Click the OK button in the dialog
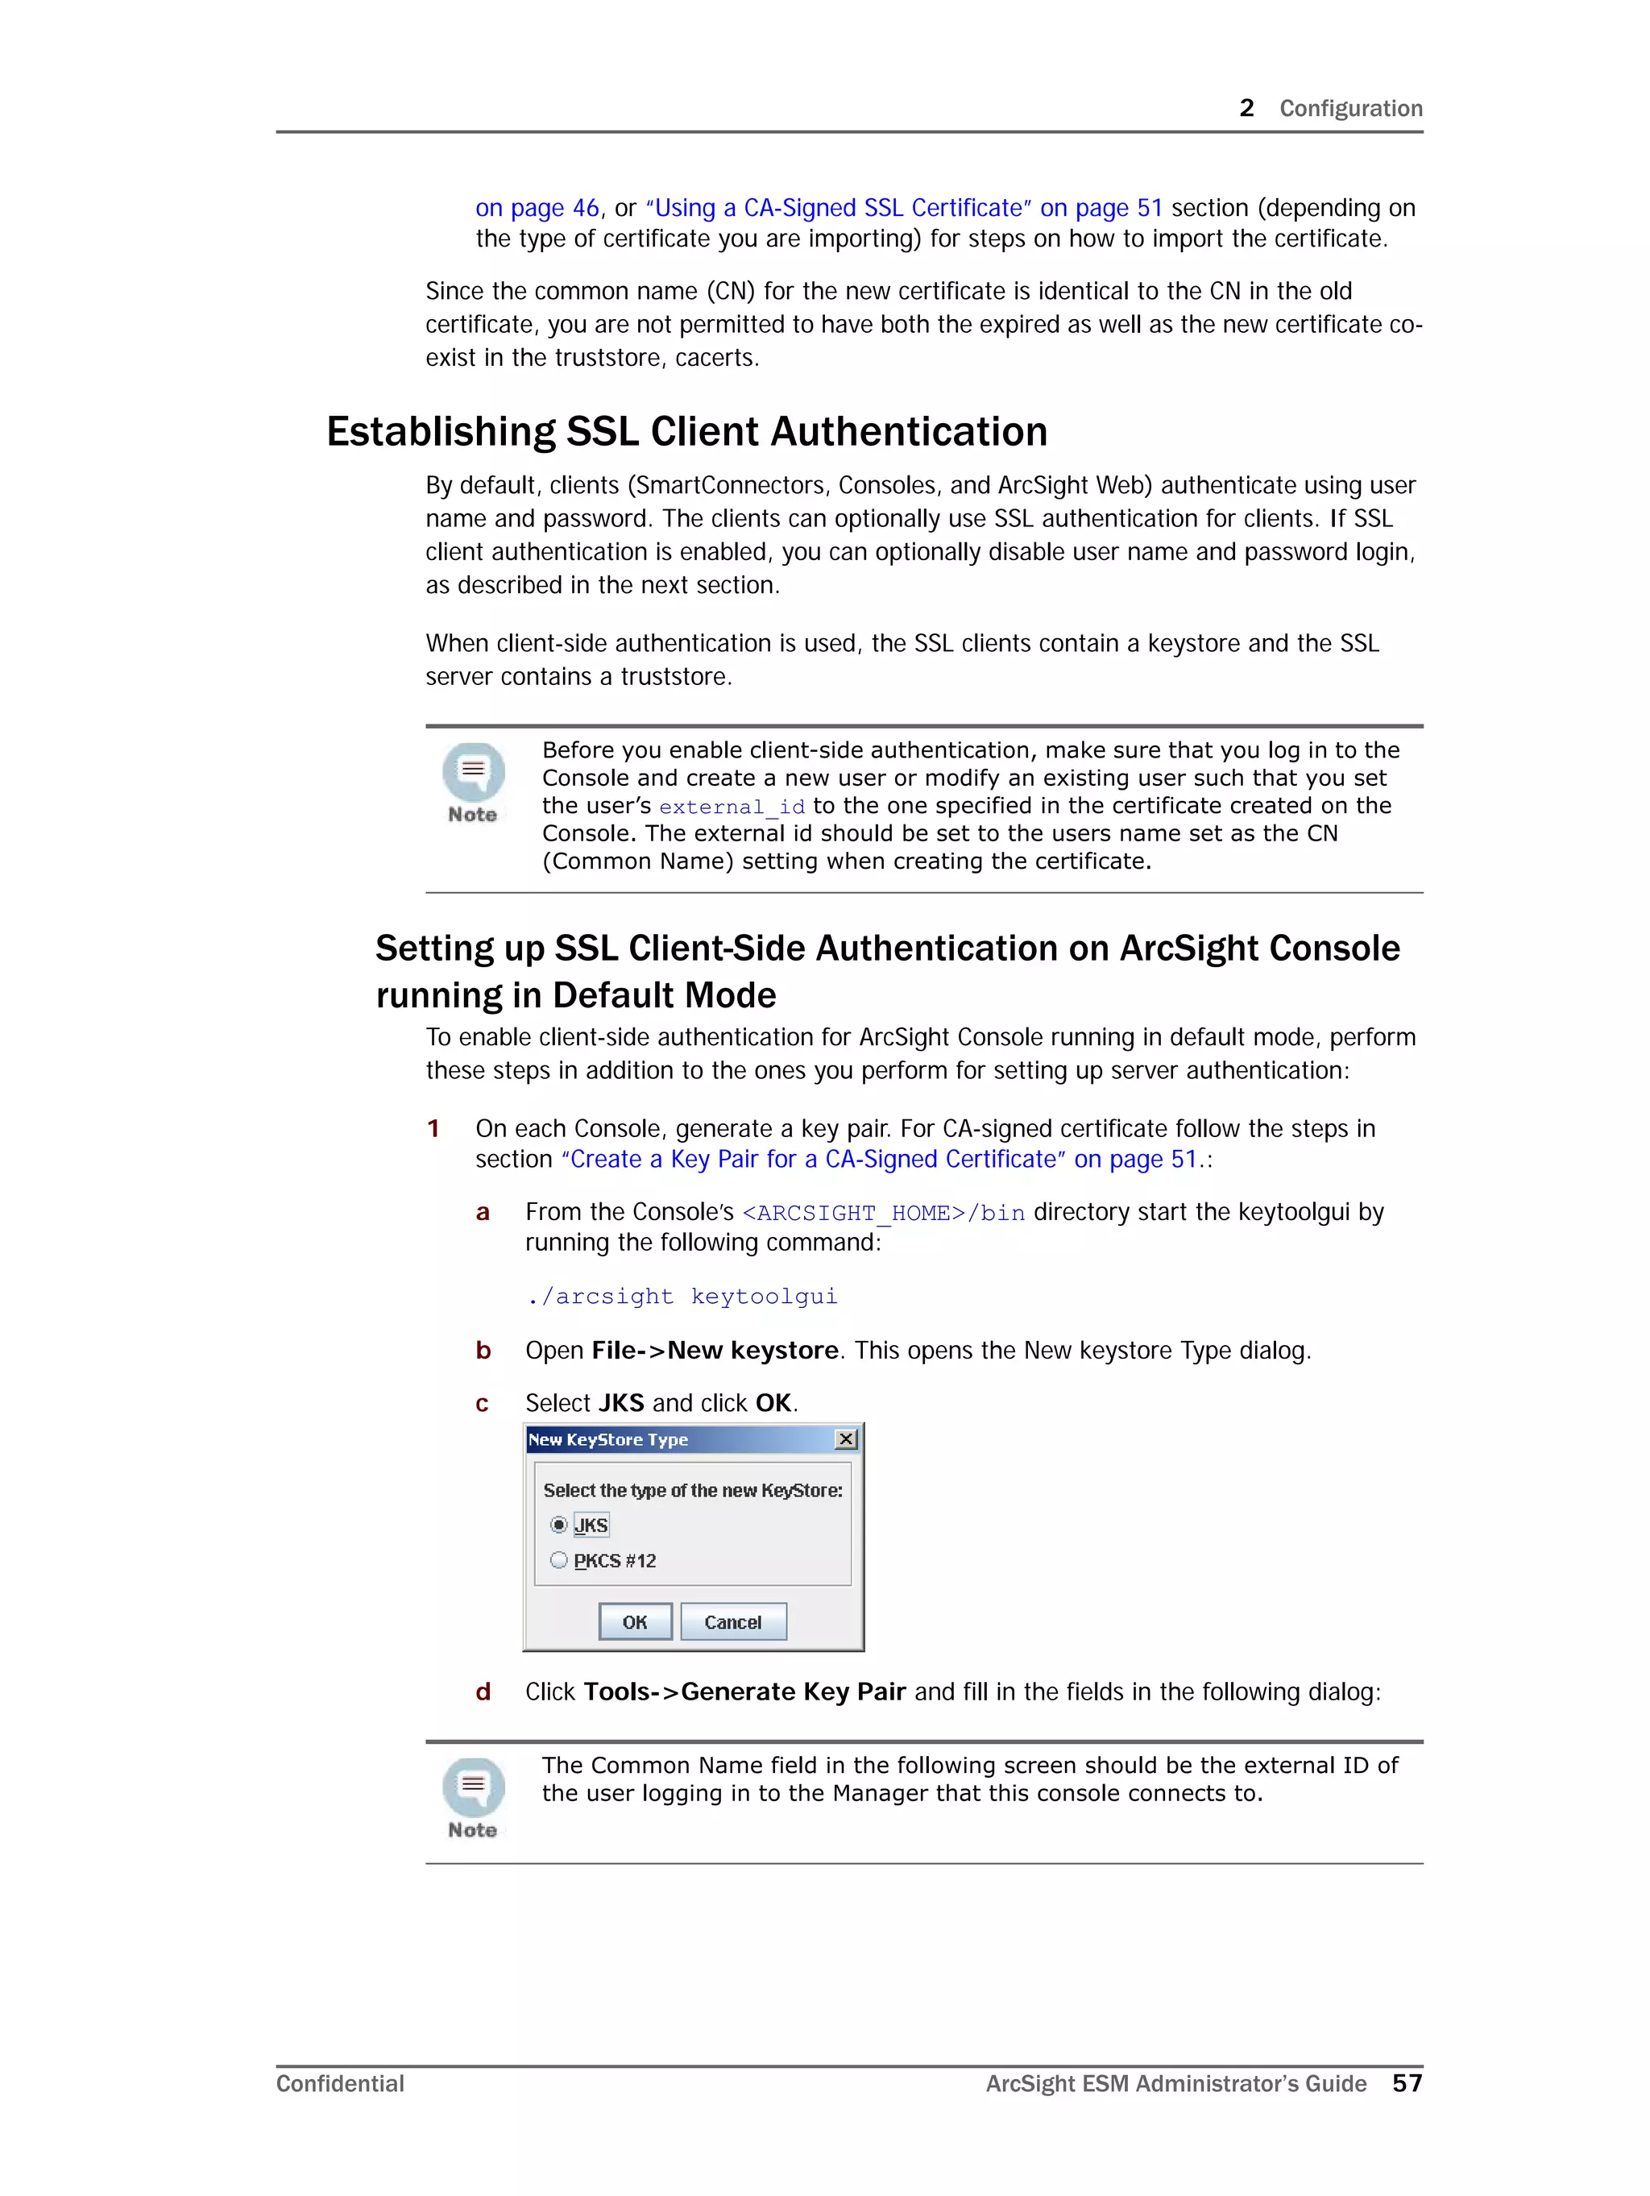[634, 1621]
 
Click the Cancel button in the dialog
[732, 1621]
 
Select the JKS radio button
[559, 1524]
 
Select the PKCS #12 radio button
[559, 1559]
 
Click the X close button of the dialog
[846, 1438]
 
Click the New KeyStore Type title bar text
[607, 1439]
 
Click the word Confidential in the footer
[339, 2083]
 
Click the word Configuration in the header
[1350, 108]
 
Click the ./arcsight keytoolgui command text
[682, 1296]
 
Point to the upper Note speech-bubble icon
[474, 771]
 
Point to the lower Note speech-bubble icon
[474, 1787]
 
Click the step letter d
[483, 1692]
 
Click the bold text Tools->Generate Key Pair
[744, 1692]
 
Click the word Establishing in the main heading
[440, 432]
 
